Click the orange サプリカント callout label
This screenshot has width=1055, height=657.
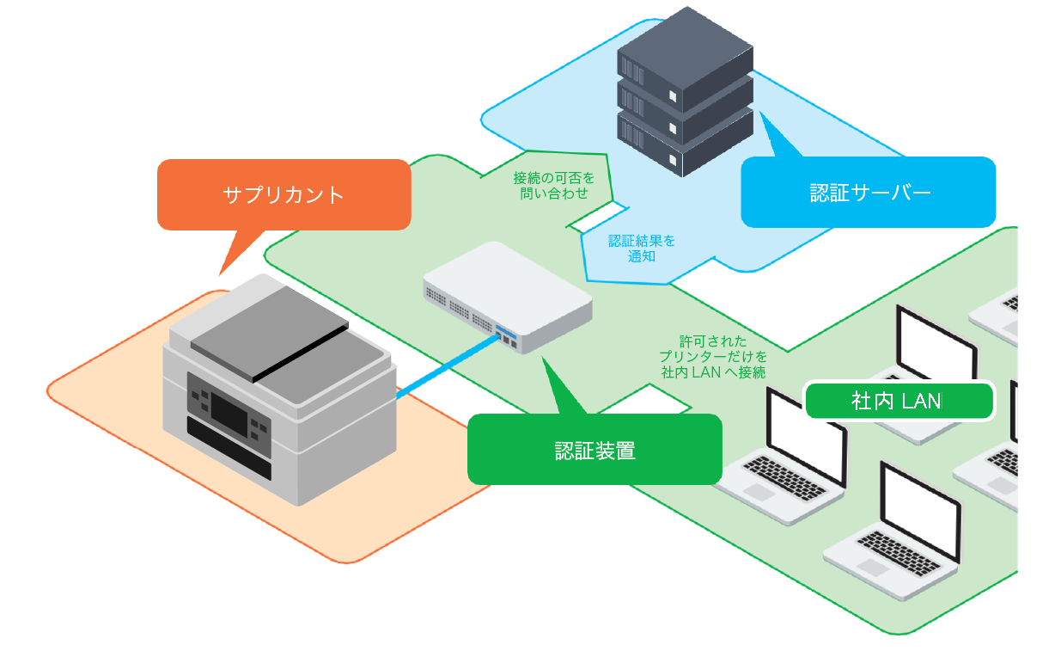(x=284, y=194)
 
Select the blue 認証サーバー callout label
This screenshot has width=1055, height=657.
(x=869, y=192)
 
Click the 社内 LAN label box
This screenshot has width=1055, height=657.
(x=899, y=401)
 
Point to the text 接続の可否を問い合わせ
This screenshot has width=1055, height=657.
(x=553, y=186)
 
